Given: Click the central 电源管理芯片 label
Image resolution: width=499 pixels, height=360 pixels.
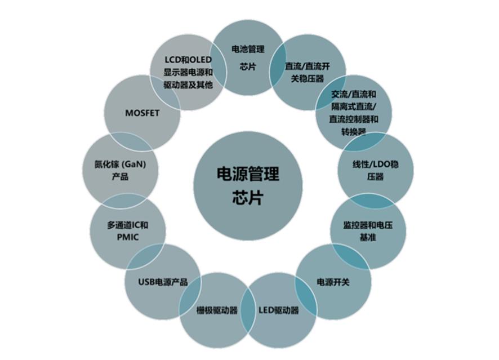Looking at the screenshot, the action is pyautogui.click(x=248, y=185).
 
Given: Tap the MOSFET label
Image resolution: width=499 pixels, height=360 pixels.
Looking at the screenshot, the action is pyautogui.click(x=142, y=113).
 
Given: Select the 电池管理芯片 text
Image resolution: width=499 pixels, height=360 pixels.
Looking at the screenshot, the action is pyautogui.click(x=248, y=58).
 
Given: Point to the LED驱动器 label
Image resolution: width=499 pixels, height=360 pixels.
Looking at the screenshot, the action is pyautogui.click(x=279, y=310).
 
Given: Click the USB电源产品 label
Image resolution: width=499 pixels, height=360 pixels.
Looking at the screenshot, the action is pyautogui.click(x=163, y=282).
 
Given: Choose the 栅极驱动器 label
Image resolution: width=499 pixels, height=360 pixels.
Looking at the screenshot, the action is pyautogui.click(x=217, y=310).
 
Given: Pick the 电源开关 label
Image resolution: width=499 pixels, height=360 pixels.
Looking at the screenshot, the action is pyautogui.click(x=333, y=282).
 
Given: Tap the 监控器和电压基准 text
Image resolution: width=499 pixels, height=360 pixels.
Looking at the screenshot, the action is pyautogui.click(x=368, y=231).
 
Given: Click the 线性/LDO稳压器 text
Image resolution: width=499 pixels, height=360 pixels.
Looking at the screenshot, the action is pyautogui.click(x=376, y=170).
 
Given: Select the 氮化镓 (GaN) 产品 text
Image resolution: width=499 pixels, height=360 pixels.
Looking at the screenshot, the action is pyautogui.click(x=120, y=170).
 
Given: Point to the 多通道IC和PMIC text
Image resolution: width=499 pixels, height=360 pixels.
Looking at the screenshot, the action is pyautogui.click(x=128, y=231).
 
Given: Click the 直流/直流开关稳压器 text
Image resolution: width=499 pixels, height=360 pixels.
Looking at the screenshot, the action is pyautogui.click(x=308, y=72).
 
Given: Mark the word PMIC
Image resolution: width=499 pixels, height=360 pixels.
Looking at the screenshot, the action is pyautogui.click(x=128, y=237).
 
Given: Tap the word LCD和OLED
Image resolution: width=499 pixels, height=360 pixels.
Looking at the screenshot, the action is pyautogui.click(x=188, y=60).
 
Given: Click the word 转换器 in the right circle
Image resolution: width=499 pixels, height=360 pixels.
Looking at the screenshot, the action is pyautogui.click(x=354, y=131).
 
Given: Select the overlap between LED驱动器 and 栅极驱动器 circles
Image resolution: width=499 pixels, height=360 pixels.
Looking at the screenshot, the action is pyautogui.click(x=248, y=310).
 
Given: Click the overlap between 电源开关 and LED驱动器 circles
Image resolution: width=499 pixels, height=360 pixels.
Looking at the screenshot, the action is pyautogui.click(x=306, y=296).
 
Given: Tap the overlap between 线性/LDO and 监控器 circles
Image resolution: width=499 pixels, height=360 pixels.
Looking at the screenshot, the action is pyautogui.click(x=372, y=200).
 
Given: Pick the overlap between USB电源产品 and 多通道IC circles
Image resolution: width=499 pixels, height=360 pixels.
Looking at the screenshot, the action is pyautogui.click(x=146, y=256).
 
